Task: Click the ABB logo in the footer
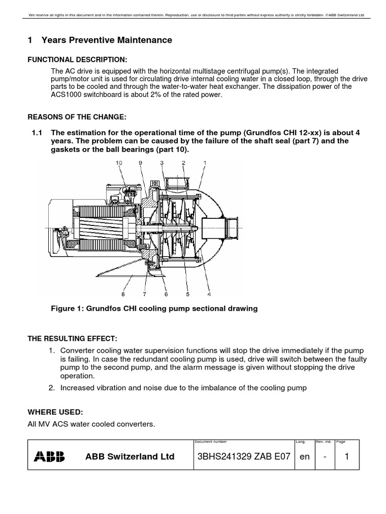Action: click(x=49, y=456)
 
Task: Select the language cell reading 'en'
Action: click(x=304, y=456)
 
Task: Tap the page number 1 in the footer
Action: click(x=347, y=456)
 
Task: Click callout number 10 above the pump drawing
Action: click(x=119, y=163)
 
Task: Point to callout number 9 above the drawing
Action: click(x=141, y=163)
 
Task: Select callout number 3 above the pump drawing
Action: click(x=162, y=163)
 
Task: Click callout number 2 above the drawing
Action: click(x=183, y=163)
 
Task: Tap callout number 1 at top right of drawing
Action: click(x=205, y=163)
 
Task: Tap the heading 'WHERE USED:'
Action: click(x=54, y=412)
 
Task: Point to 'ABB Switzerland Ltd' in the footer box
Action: click(x=130, y=457)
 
